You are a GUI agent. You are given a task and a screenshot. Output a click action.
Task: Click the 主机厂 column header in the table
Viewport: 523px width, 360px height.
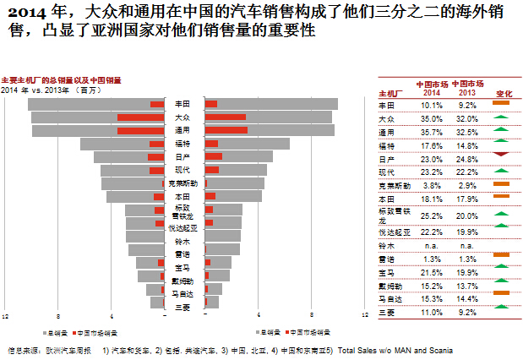tap(390, 93)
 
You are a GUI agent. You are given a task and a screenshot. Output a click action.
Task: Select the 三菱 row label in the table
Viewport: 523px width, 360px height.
tap(386, 313)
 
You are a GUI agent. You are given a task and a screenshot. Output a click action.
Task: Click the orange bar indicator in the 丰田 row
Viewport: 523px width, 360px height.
tap(501, 103)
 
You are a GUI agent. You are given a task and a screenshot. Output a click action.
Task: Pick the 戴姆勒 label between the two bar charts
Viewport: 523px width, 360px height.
tap(182, 281)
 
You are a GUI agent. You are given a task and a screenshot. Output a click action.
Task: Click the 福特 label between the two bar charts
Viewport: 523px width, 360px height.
tap(182, 144)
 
